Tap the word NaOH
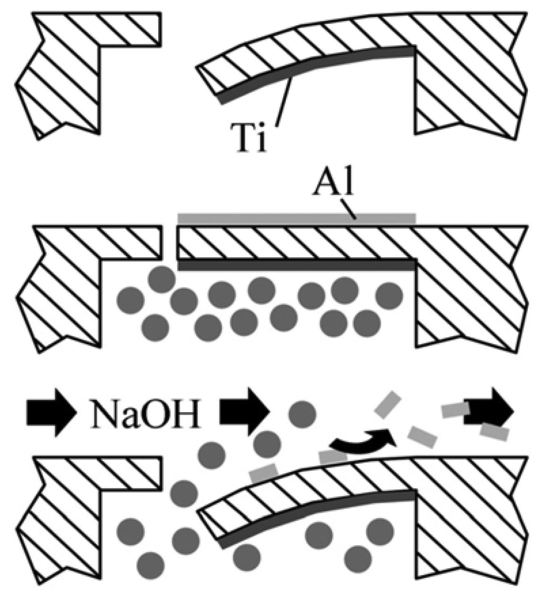click(x=146, y=413)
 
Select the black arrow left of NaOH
click(x=51, y=413)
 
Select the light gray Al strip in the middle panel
click(x=297, y=219)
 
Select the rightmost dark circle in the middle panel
click(x=389, y=296)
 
